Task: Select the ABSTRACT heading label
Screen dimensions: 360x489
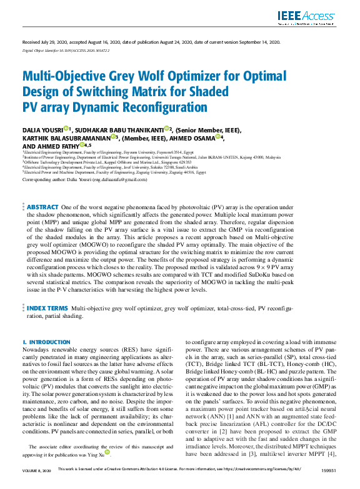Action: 42,206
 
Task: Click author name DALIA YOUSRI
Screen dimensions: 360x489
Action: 42,129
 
